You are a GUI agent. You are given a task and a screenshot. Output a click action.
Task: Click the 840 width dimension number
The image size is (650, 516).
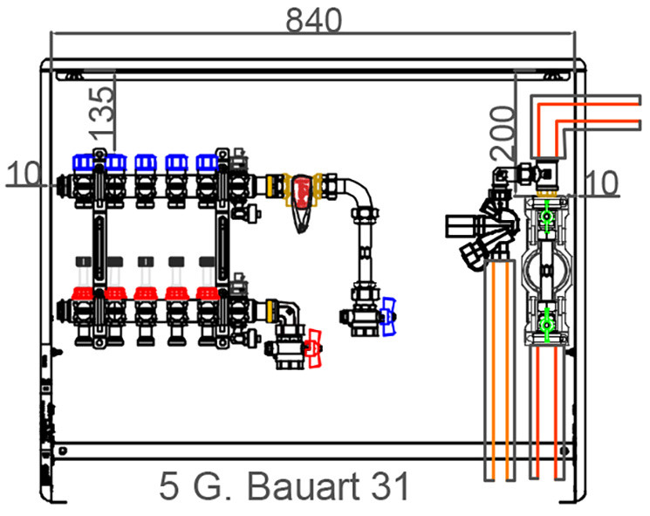point(314,20)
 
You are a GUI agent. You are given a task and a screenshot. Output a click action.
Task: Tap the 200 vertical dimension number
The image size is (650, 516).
point(502,133)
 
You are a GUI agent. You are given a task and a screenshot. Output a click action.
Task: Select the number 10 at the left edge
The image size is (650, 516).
point(24,173)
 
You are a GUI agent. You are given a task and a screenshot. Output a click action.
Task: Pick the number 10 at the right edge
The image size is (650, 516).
point(601,182)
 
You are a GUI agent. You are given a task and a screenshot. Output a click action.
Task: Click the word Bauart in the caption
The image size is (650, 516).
point(304,486)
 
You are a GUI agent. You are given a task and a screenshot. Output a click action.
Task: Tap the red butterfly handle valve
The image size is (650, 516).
point(314,348)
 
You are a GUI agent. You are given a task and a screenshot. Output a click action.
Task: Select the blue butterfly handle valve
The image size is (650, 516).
point(388,316)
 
